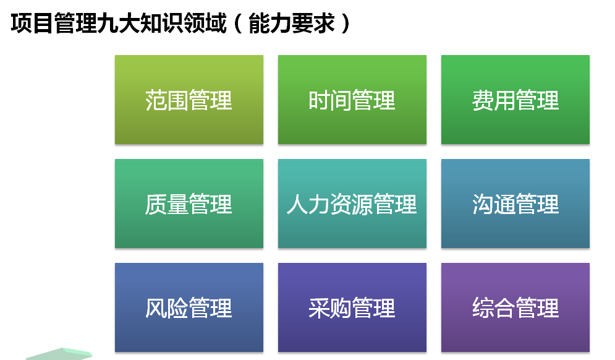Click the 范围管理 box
coord(189,100)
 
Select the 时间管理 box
coord(352,100)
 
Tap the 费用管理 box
coord(515,100)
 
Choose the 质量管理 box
coord(189,204)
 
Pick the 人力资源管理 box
coord(352,204)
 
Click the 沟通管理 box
coord(515,204)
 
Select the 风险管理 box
coord(189,307)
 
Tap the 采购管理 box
coord(352,307)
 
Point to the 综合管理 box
coord(515,307)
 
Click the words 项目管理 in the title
coord(54,23)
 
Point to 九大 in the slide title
coord(119,23)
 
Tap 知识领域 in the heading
coord(184,23)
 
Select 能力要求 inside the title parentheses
coord(292,23)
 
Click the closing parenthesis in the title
coord(346,23)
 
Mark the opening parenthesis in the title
coord(238,23)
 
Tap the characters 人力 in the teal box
coord(308,204)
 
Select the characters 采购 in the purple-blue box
coord(330,308)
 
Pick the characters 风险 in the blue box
coord(167,308)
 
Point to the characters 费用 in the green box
coord(493,100)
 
